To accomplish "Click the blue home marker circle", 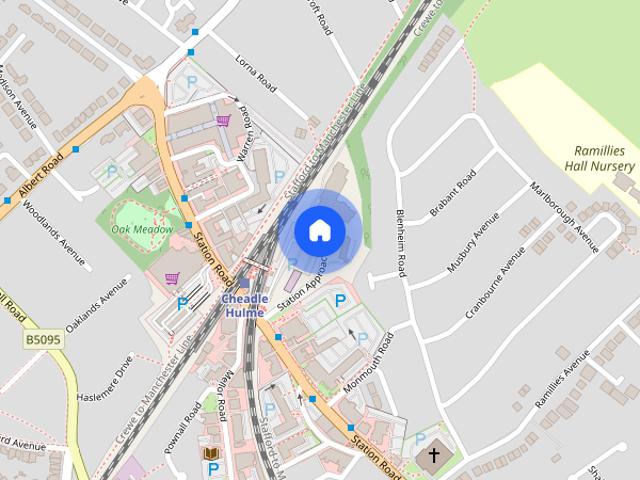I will tap(319, 230).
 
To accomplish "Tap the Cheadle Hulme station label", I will tap(243, 305).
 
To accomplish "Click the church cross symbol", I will tap(434, 456).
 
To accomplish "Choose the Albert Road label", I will tap(40, 177).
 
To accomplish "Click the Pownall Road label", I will tap(183, 427).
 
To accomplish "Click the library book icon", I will tap(212, 454).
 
